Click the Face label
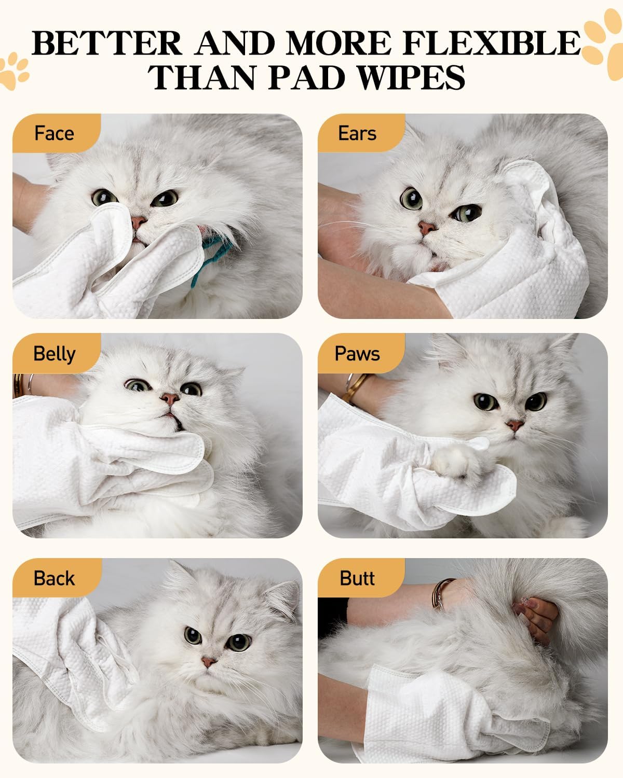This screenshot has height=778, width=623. (54, 133)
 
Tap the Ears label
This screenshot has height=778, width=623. (357, 133)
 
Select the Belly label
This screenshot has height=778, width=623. (54, 354)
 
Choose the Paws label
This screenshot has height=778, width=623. (357, 354)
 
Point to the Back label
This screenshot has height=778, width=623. (54, 578)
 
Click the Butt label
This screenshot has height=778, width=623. (357, 578)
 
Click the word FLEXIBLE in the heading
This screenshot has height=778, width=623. (491, 43)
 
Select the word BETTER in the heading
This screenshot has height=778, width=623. (107, 43)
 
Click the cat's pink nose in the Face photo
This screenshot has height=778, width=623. (138, 222)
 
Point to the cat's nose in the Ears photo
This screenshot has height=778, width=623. (427, 228)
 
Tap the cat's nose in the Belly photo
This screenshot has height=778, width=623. (169, 398)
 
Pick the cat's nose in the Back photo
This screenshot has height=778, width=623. (208, 662)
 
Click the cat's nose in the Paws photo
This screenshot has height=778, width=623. (515, 426)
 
